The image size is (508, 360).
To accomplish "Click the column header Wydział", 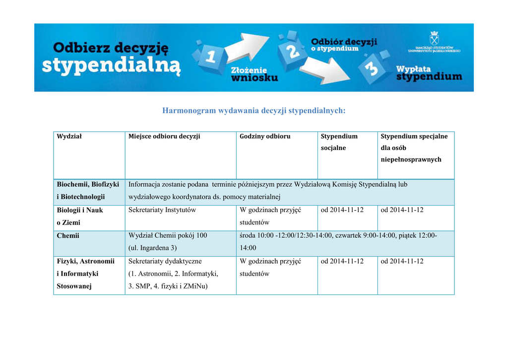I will pyautogui.click(x=69, y=137).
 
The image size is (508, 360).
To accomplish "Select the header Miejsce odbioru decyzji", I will pyautogui.click(x=164, y=137).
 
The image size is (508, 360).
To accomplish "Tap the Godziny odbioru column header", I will pyautogui.click(x=265, y=137).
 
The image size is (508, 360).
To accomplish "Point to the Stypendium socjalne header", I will pyautogui.click(x=339, y=142).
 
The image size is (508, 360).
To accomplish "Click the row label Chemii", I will pyautogui.click(x=68, y=235).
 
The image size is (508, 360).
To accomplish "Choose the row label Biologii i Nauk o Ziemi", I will pyautogui.click(x=80, y=216).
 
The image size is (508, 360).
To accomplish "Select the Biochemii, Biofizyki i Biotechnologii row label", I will pyautogui.click(x=88, y=191).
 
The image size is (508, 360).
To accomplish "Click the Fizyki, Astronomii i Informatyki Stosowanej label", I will pyautogui.click(x=85, y=274).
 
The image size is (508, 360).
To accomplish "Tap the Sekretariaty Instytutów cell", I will pyautogui.click(x=162, y=210).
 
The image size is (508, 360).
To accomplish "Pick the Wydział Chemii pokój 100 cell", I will pyautogui.click(x=168, y=235).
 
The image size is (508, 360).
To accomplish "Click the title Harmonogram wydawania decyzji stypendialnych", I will pyautogui.click(x=254, y=111).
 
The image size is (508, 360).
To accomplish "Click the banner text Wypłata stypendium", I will pyautogui.click(x=429, y=73).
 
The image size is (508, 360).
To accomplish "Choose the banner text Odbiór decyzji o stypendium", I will pyautogui.click(x=344, y=45).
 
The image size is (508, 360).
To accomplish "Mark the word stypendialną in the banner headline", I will pyautogui.click(x=111, y=67).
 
